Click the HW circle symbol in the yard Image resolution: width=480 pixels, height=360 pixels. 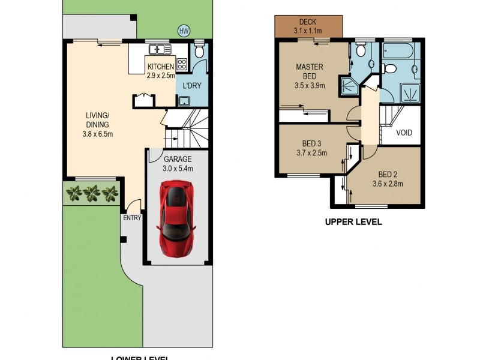[x=184, y=31]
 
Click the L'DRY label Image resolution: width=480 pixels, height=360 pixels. [x=192, y=86]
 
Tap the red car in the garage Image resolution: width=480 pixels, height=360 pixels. [x=176, y=218]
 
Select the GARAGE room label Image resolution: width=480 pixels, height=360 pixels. [x=177, y=160]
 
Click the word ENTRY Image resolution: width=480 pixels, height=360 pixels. [x=132, y=218]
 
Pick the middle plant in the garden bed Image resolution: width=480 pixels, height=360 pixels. [x=92, y=193]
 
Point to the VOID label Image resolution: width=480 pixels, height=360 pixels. [x=404, y=133]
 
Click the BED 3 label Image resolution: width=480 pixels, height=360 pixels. [x=311, y=144]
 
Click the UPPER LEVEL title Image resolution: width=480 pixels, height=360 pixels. [x=353, y=221]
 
